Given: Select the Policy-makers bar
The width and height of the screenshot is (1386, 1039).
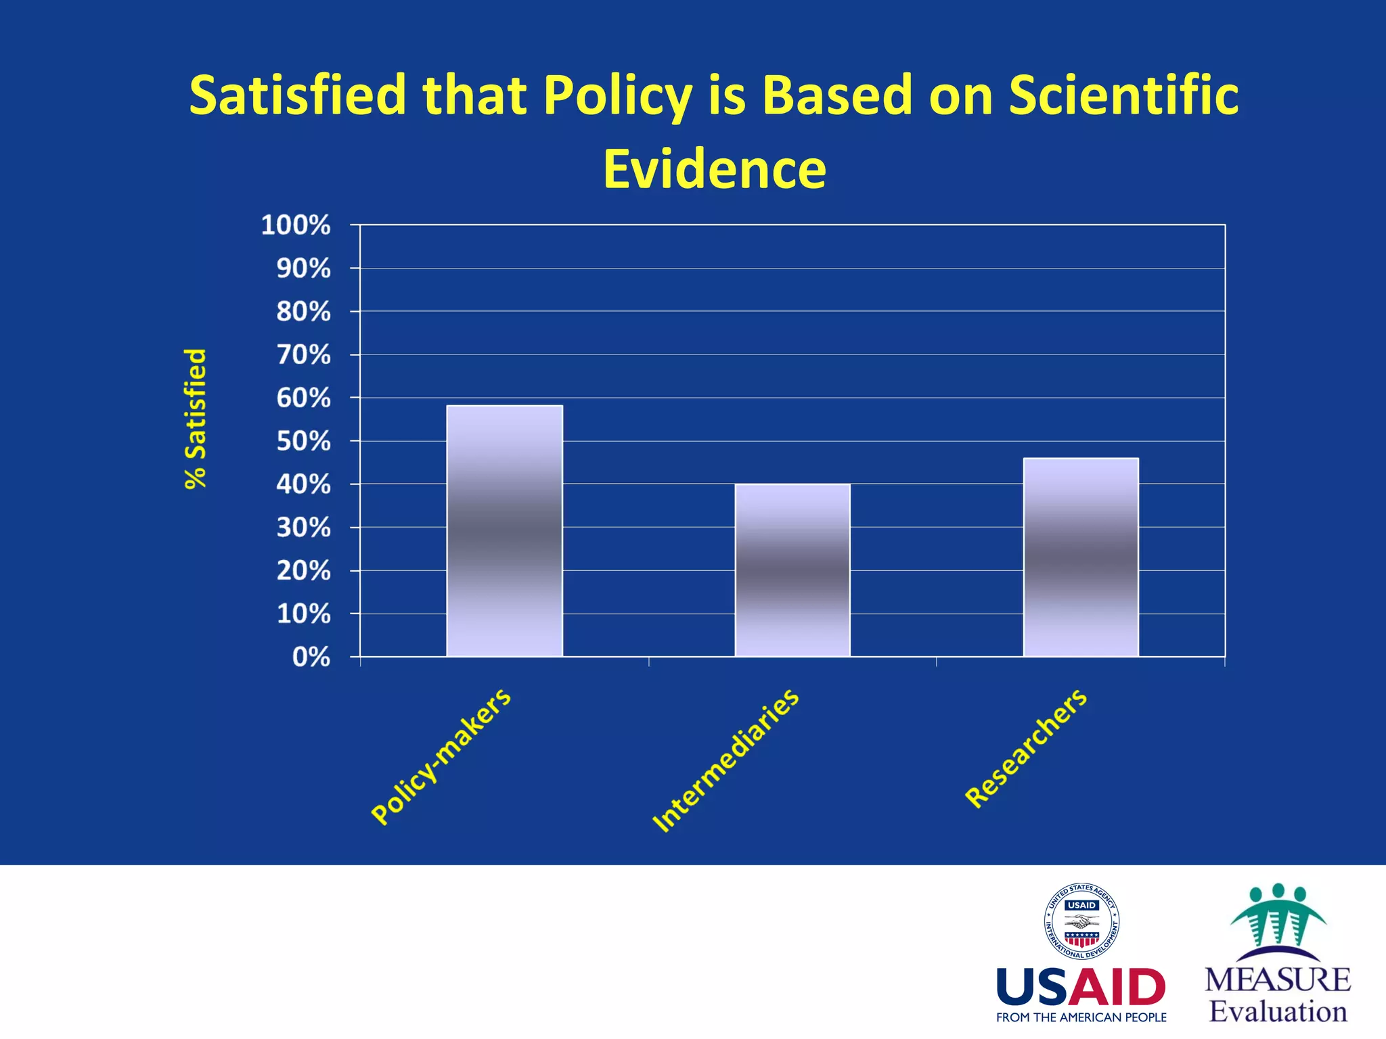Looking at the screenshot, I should tap(504, 531).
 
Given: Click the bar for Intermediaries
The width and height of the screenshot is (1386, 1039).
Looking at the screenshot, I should tap(792, 570).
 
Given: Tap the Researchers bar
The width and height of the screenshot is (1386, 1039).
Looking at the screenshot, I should tap(1081, 557).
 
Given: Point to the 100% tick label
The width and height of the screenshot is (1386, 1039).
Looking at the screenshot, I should tap(296, 225).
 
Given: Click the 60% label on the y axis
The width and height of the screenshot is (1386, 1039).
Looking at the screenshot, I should tap(303, 398).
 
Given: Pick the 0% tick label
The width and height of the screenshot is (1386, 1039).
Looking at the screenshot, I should tap(311, 657).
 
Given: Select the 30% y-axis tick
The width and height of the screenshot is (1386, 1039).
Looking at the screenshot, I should tap(303, 528).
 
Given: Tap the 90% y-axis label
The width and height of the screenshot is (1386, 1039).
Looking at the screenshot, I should tap(303, 269).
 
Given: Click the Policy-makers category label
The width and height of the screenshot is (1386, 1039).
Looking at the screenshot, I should tap(441, 756).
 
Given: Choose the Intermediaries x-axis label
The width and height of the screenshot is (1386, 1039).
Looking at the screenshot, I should tap(725, 760).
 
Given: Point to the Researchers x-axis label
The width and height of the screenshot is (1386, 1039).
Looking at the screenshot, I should tap(1026, 748).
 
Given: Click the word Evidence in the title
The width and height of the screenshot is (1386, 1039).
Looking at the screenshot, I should tap(714, 169).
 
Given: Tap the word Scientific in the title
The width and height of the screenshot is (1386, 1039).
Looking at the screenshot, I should tap(1123, 95).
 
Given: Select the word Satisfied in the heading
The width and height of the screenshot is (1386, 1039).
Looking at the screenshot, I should tap(298, 95).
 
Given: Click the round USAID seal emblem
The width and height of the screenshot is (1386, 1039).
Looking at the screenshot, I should tap(1081, 921).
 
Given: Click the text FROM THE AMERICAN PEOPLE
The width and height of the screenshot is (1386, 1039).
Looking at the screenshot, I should tap(1081, 1017).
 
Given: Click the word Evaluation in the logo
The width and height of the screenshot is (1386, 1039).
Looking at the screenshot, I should tap(1278, 1012).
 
